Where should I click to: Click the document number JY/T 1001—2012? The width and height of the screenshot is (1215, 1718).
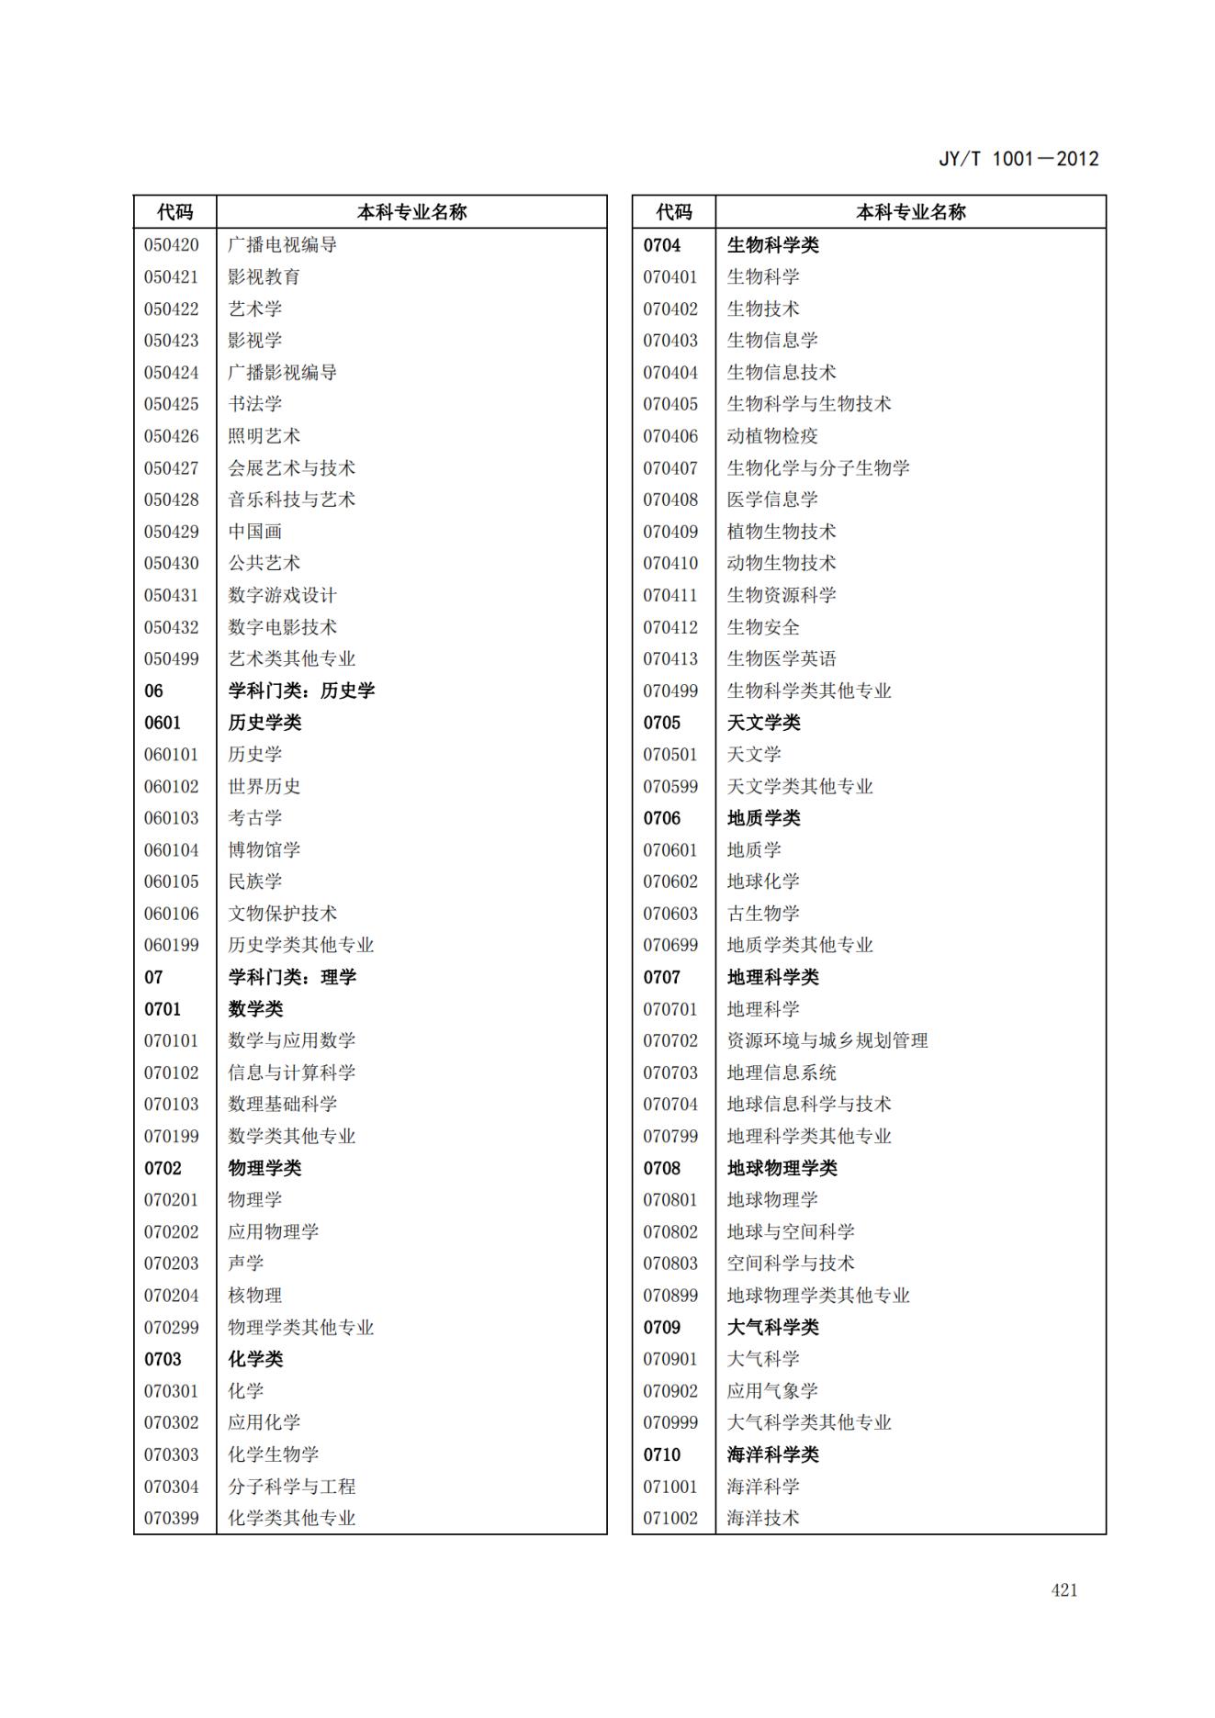point(1018,159)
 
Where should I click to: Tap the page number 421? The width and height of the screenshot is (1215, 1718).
point(1063,1589)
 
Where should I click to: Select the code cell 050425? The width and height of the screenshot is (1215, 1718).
point(171,404)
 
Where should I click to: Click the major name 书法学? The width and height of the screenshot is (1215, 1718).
point(254,404)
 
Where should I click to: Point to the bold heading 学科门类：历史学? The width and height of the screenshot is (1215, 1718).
point(301,691)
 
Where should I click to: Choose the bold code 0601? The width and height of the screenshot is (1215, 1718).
point(163,723)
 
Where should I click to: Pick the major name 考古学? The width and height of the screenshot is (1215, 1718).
point(254,818)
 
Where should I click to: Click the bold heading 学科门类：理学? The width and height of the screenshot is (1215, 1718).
point(292,977)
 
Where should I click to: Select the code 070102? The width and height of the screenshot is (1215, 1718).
point(171,1072)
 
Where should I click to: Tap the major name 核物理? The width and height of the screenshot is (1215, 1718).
point(254,1296)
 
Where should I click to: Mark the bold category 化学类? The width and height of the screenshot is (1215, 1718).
point(255,1359)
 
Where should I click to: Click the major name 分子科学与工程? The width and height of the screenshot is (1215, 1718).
point(291,1487)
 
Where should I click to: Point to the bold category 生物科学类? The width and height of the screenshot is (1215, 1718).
point(772,245)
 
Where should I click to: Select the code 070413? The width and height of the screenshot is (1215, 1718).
point(669,659)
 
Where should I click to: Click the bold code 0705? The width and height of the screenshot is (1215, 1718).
point(661,723)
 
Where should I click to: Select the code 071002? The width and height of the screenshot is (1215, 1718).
point(669,1518)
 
